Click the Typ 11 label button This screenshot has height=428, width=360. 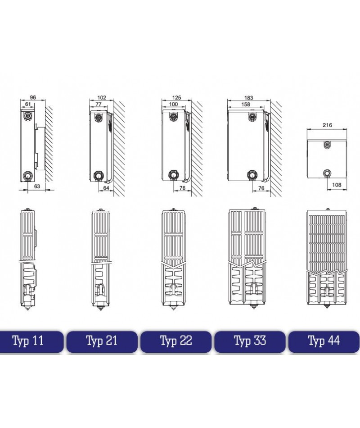(31, 341)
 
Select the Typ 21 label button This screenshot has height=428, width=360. (102, 341)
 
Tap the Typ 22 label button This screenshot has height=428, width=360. (176, 341)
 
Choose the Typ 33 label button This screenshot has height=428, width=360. (250, 341)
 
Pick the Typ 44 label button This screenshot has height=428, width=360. (324, 341)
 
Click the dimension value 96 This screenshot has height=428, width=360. (33, 97)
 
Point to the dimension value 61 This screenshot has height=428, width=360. (28, 104)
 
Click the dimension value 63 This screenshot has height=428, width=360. (37, 186)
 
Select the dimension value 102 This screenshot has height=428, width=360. (101, 97)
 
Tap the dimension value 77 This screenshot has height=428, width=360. (99, 104)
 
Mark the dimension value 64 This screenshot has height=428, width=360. (106, 188)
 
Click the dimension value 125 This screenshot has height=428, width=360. (176, 97)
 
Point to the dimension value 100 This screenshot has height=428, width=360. (173, 104)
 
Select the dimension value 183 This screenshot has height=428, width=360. (248, 97)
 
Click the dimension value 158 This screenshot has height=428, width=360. (246, 104)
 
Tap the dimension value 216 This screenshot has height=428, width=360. (327, 125)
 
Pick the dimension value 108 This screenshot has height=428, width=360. (337, 185)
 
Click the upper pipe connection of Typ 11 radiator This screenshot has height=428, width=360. (28, 115)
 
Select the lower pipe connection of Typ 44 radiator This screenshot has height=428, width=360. (327, 173)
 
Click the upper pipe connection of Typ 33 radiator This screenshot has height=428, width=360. (253, 117)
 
